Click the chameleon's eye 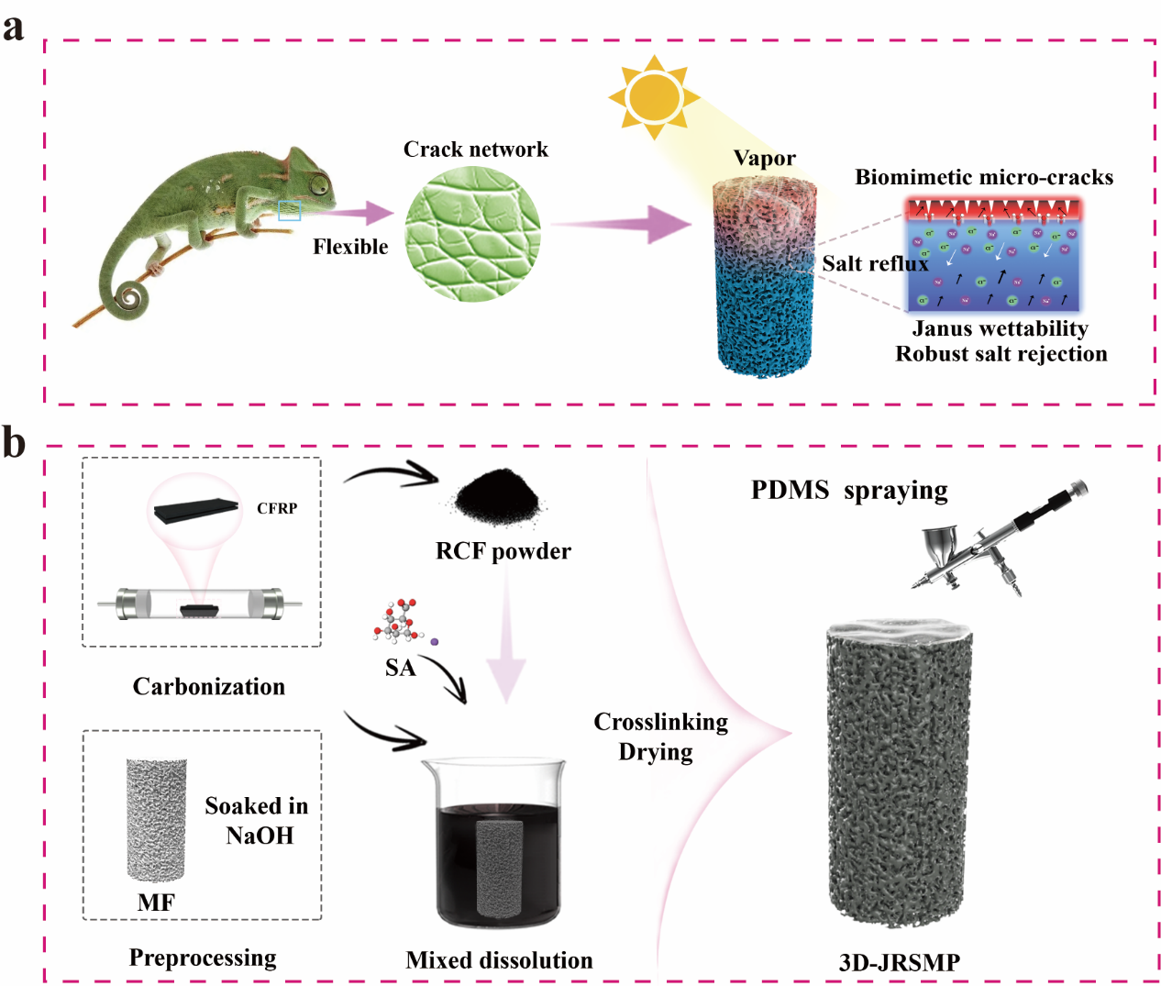(x=319, y=184)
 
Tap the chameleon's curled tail (x=131, y=296)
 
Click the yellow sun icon (x=654, y=96)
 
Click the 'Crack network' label (x=475, y=150)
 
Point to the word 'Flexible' (x=350, y=247)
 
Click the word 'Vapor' (x=764, y=159)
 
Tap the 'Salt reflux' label (x=875, y=264)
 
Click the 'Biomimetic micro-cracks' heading (x=984, y=177)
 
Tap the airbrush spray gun (x=1000, y=537)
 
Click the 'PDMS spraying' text (x=849, y=491)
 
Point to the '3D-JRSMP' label (x=900, y=962)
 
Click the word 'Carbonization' (x=209, y=686)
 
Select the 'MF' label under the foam (x=156, y=903)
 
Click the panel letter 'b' (x=14, y=442)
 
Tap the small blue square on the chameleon (x=290, y=211)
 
